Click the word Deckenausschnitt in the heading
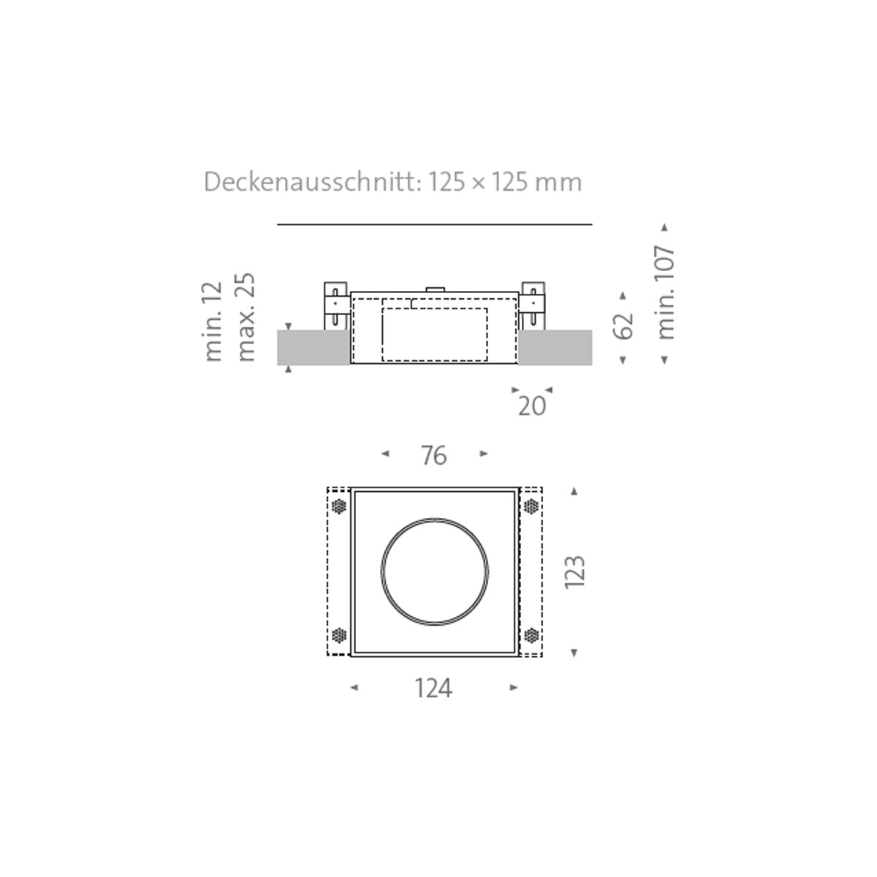pos(312,182)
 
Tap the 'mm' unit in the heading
pos(559,183)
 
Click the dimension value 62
pos(623,326)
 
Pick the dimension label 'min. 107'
pos(665,292)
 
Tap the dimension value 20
pos(531,406)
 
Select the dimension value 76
pos(433,456)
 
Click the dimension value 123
pos(575,572)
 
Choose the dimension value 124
pos(433,688)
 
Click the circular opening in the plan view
pos(435,571)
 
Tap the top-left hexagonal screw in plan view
pos(338,506)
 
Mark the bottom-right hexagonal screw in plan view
pos(531,635)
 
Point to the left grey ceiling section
pos(313,347)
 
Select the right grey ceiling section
pos(555,347)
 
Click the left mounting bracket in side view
pos(335,305)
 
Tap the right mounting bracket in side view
pos(533,305)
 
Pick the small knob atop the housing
pos(435,289)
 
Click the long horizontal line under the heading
pos(435,224)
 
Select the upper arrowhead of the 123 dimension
pos(574,492)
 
